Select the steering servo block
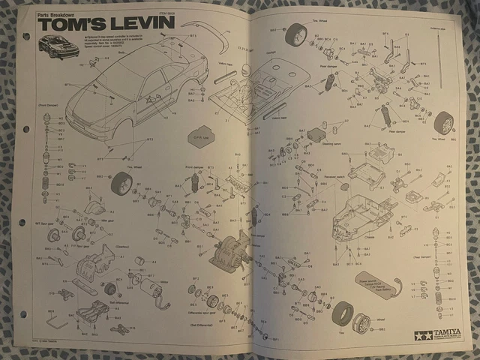[x=317, y=135]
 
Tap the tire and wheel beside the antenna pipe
[x=444, y=121]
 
